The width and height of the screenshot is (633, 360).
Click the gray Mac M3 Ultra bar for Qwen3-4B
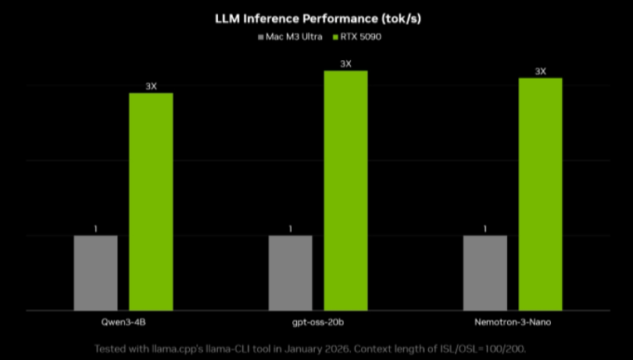[x=95, y=273]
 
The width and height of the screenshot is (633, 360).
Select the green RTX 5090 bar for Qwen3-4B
[x=151, y=201]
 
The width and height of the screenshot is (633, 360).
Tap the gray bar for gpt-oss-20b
[x=290, y=273]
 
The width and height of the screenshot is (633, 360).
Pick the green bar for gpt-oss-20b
[x=345, y=191]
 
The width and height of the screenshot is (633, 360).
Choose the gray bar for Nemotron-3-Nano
[x=485, y=273]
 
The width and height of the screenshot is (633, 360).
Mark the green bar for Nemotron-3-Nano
[x=540, y=194]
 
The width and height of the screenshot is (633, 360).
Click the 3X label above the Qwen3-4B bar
[x=151, y=86]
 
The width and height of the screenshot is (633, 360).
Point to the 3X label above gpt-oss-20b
[x=345, y=63]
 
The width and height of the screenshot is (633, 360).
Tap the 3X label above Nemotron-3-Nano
[x=540, y=71]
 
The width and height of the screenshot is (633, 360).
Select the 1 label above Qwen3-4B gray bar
[x=95, y=229]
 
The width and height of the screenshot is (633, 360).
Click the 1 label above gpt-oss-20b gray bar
[x=290, y=229]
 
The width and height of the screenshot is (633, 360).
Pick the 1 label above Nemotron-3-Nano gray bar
[x=485, y=229]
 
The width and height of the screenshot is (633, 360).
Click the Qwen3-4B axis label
[x=123, y=323]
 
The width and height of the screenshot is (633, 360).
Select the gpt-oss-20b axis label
[x=317, y=323]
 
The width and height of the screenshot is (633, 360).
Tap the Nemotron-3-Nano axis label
[x=512, y=323]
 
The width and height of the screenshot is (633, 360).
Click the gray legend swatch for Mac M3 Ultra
[x=260, y=37]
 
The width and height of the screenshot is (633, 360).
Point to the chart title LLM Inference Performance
[x=316, y=16]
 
